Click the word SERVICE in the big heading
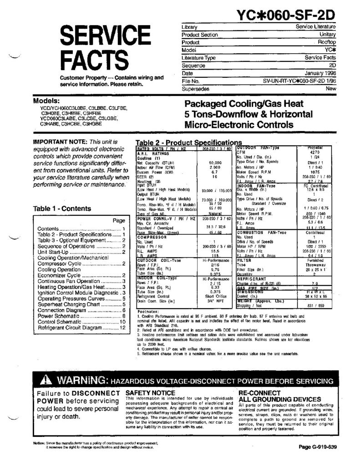click(x=101, y=38)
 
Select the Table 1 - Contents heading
click(x=62, y=209)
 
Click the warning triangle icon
click(x=47, y=380)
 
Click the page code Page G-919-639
click(x=318, y=446)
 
